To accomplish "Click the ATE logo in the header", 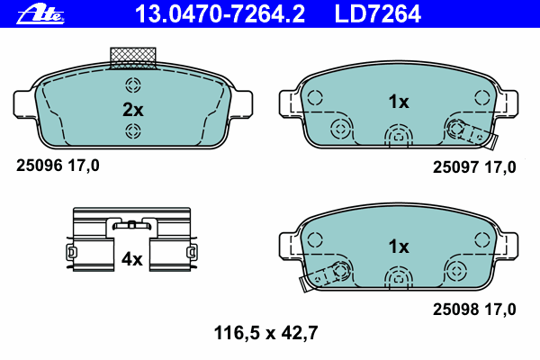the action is (x=40, y=14).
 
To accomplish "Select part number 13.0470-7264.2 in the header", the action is (x=220, y=13).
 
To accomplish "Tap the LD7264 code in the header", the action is (x=377, y=13).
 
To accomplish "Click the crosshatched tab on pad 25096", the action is (x=133, y=58).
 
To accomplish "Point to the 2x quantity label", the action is (x=133, y=110).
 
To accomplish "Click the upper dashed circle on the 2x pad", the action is (x=133, y=85).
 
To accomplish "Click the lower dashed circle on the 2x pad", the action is (x=133, y=130).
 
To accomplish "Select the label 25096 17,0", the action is (x=58, y=166).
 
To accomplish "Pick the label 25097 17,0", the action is (x=474, y=167).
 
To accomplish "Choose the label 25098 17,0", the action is (x=474, y=309).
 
